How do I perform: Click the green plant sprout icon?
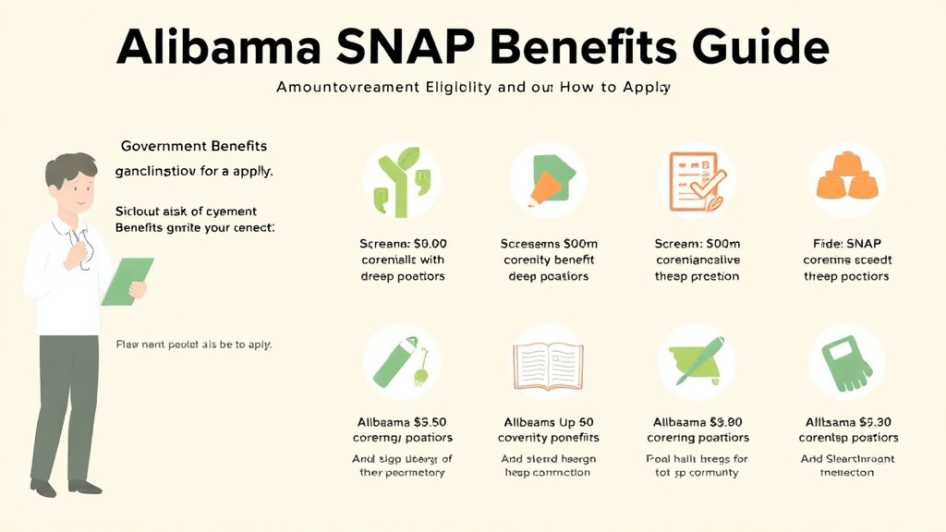click(x=400, y=180)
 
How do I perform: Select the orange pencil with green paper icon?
click(x=548, y=180)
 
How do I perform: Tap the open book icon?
click(x=549, y=362)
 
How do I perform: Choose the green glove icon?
click(x=844, y=362)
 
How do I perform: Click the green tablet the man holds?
click(x=127, y=282)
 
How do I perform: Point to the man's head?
click(x=73, y=181)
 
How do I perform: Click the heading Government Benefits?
click(x=194, y=146)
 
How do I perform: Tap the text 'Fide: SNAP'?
click(x=846, y=243)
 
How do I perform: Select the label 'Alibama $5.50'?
click(x=402, y=421)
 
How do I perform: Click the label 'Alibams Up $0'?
click(x=548, y=421)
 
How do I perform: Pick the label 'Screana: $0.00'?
click(x=402, y=243)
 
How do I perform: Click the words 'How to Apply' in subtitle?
click(x=625, y=89)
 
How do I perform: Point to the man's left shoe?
click(x=86, y=487)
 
